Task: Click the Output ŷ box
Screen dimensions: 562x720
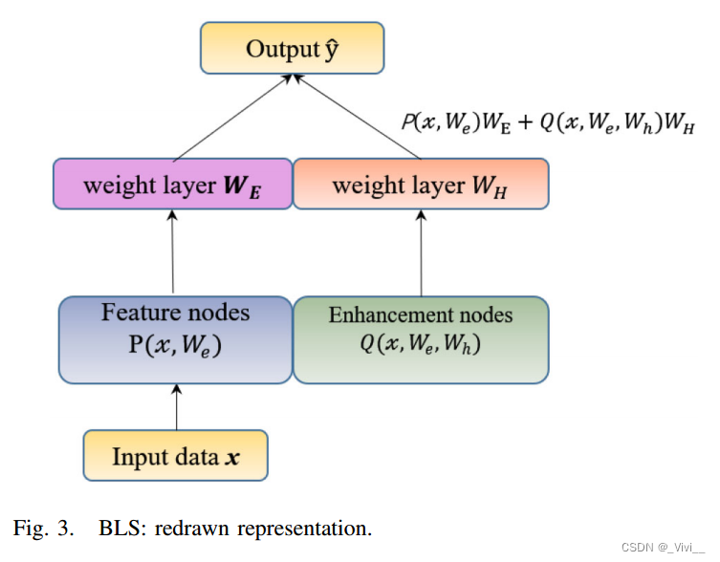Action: (x=292, y=49)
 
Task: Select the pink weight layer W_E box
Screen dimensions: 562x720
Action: (x=172, y=184)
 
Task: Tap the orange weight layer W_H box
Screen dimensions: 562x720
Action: (x=421, y=184)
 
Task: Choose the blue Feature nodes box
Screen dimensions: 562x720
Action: (x=175, y=339)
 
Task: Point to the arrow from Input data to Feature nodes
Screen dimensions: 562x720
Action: (x=176, y=406)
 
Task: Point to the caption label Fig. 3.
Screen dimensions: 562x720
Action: (x=42, y=528)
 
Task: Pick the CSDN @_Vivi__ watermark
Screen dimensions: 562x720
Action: (x=662, y=548)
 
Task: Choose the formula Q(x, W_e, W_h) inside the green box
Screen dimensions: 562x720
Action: (x=421, y=344)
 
